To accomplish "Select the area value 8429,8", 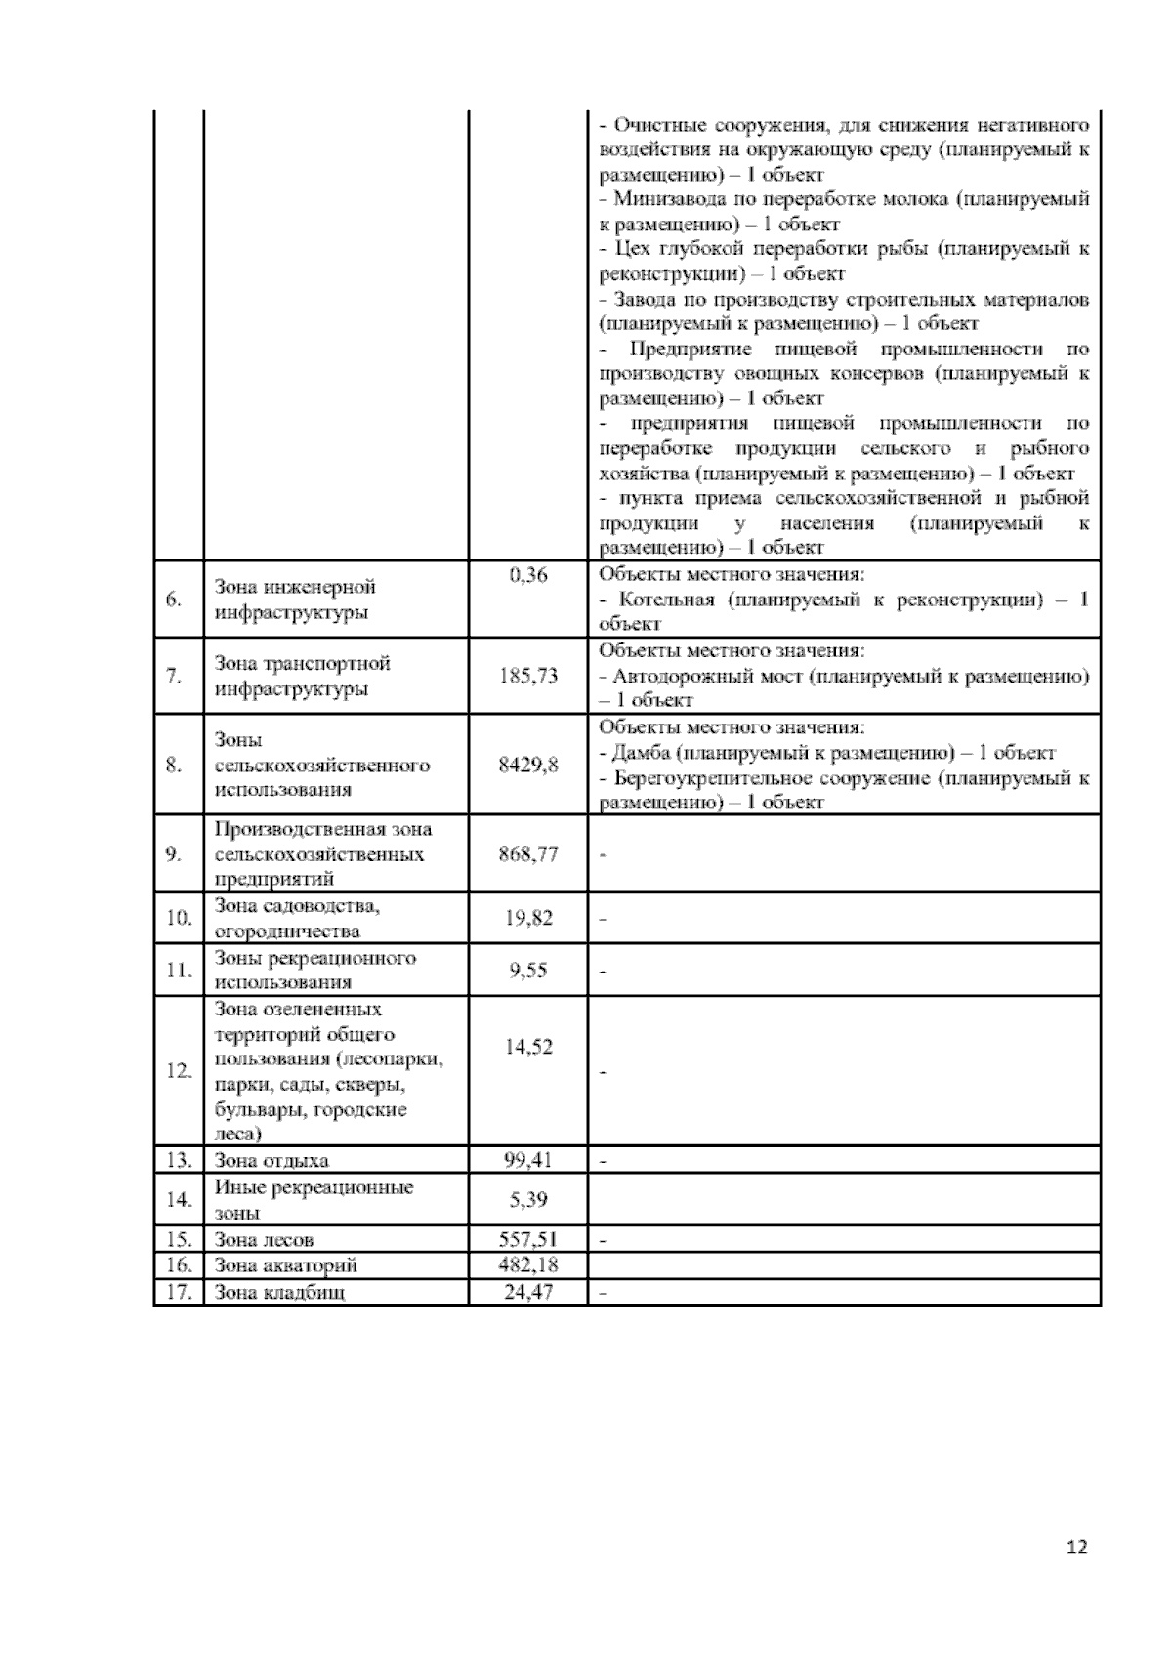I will click(528, 765).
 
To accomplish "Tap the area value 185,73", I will click(528, 676).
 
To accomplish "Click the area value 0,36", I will click(528, 575).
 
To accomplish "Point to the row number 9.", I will click(174, 854).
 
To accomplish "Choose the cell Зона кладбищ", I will click(279, 1293).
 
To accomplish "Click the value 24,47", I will click(528, 1293).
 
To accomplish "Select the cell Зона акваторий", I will click(285, 1265).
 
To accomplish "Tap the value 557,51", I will click(528, 1239).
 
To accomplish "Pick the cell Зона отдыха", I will click(272, 1160).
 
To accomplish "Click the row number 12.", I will click(179, 1071).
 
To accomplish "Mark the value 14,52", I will click(528, 1047).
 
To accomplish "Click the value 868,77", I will click(528, 854).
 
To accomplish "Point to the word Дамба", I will click(640, 753).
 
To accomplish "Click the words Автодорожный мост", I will click(707, 676).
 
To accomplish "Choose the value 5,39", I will click(528, 1199).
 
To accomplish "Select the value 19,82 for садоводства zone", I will click(528, 918).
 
